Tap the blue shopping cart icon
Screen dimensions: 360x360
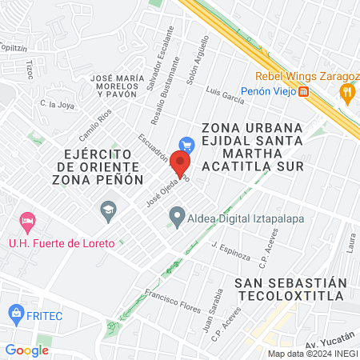(x=187, y=146)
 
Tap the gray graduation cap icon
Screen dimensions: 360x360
(x=107, y=211)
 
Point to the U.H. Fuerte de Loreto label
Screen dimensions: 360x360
(x=50, y=243)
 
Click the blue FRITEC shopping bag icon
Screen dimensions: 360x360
(x=14, y=312)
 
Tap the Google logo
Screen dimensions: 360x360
(x=27, y=350)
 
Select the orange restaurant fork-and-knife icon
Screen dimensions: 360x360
(x=346, y=92)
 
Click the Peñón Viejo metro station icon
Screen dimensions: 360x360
(x=304, y=92)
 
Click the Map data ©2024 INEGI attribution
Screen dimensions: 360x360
(x=312, y=353)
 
